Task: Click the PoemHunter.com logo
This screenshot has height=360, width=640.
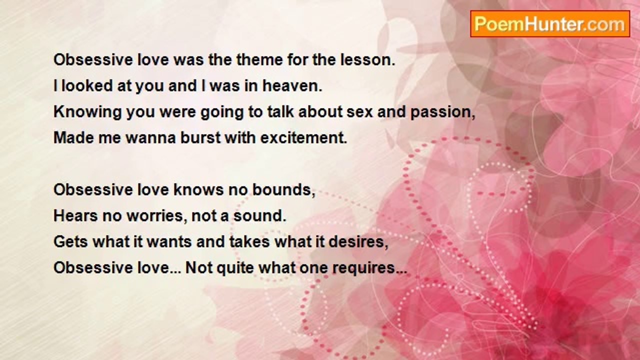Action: pos(550,24)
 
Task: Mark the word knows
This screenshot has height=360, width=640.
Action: pos(198,189)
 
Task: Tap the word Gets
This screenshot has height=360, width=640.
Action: pos(71,241)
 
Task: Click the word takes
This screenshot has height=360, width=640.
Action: pos(249,241)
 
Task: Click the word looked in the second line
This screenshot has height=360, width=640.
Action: pos(87,86)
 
